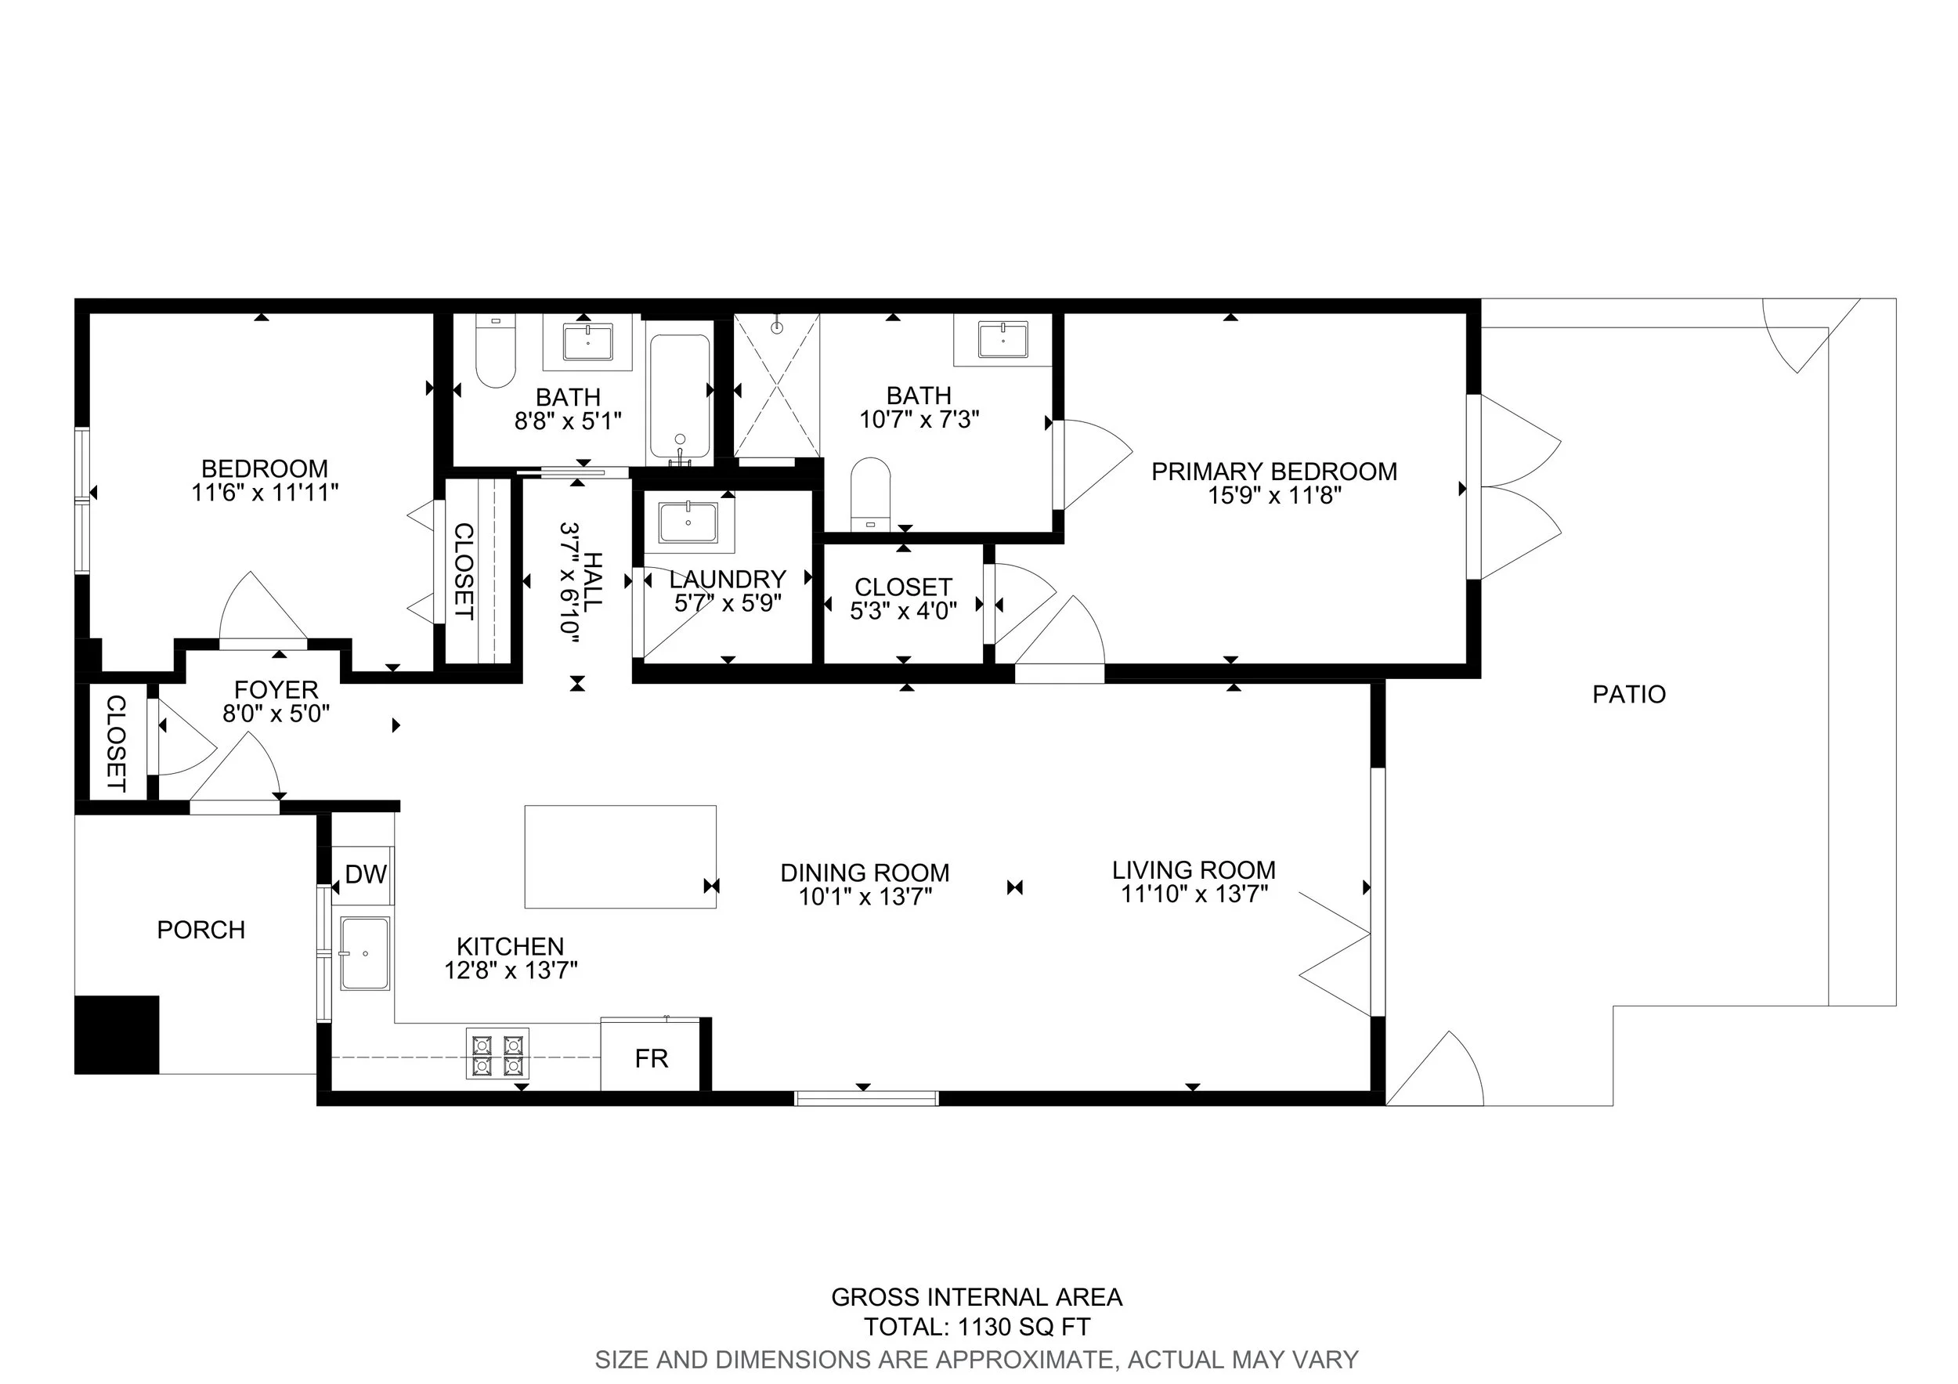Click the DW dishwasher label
tap(366, 874)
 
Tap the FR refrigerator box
tap(652, 1054)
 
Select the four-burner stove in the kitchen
tap(497, 1054)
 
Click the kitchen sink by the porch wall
tap(365, 953)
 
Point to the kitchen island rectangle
tap(620, 856)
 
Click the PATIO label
tap(1629, 694)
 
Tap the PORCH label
tap(201, 930)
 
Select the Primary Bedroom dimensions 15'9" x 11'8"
tap(1275, 496)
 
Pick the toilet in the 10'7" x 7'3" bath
tap(871, 493)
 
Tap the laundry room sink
tap(688, 522)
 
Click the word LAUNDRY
tap(728, 580)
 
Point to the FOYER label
tap(276, 689)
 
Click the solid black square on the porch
tap(117, 1035)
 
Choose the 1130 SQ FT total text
tap(1024, 1327)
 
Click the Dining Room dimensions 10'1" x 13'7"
tap(865, 897)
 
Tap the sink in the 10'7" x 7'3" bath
tap(1002, 339)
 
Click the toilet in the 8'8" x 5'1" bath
tap(496, 352)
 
